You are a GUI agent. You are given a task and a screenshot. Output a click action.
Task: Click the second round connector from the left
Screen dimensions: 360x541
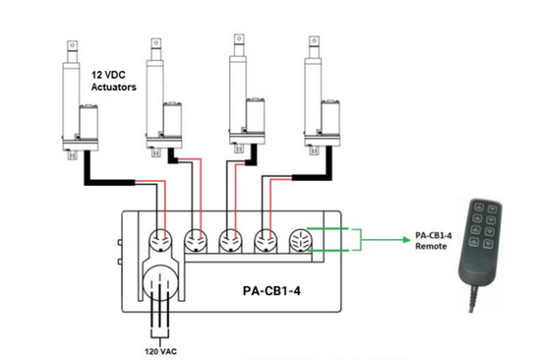point(197,242)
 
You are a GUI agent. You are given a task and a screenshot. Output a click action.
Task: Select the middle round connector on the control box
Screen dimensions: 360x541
point(232,242)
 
